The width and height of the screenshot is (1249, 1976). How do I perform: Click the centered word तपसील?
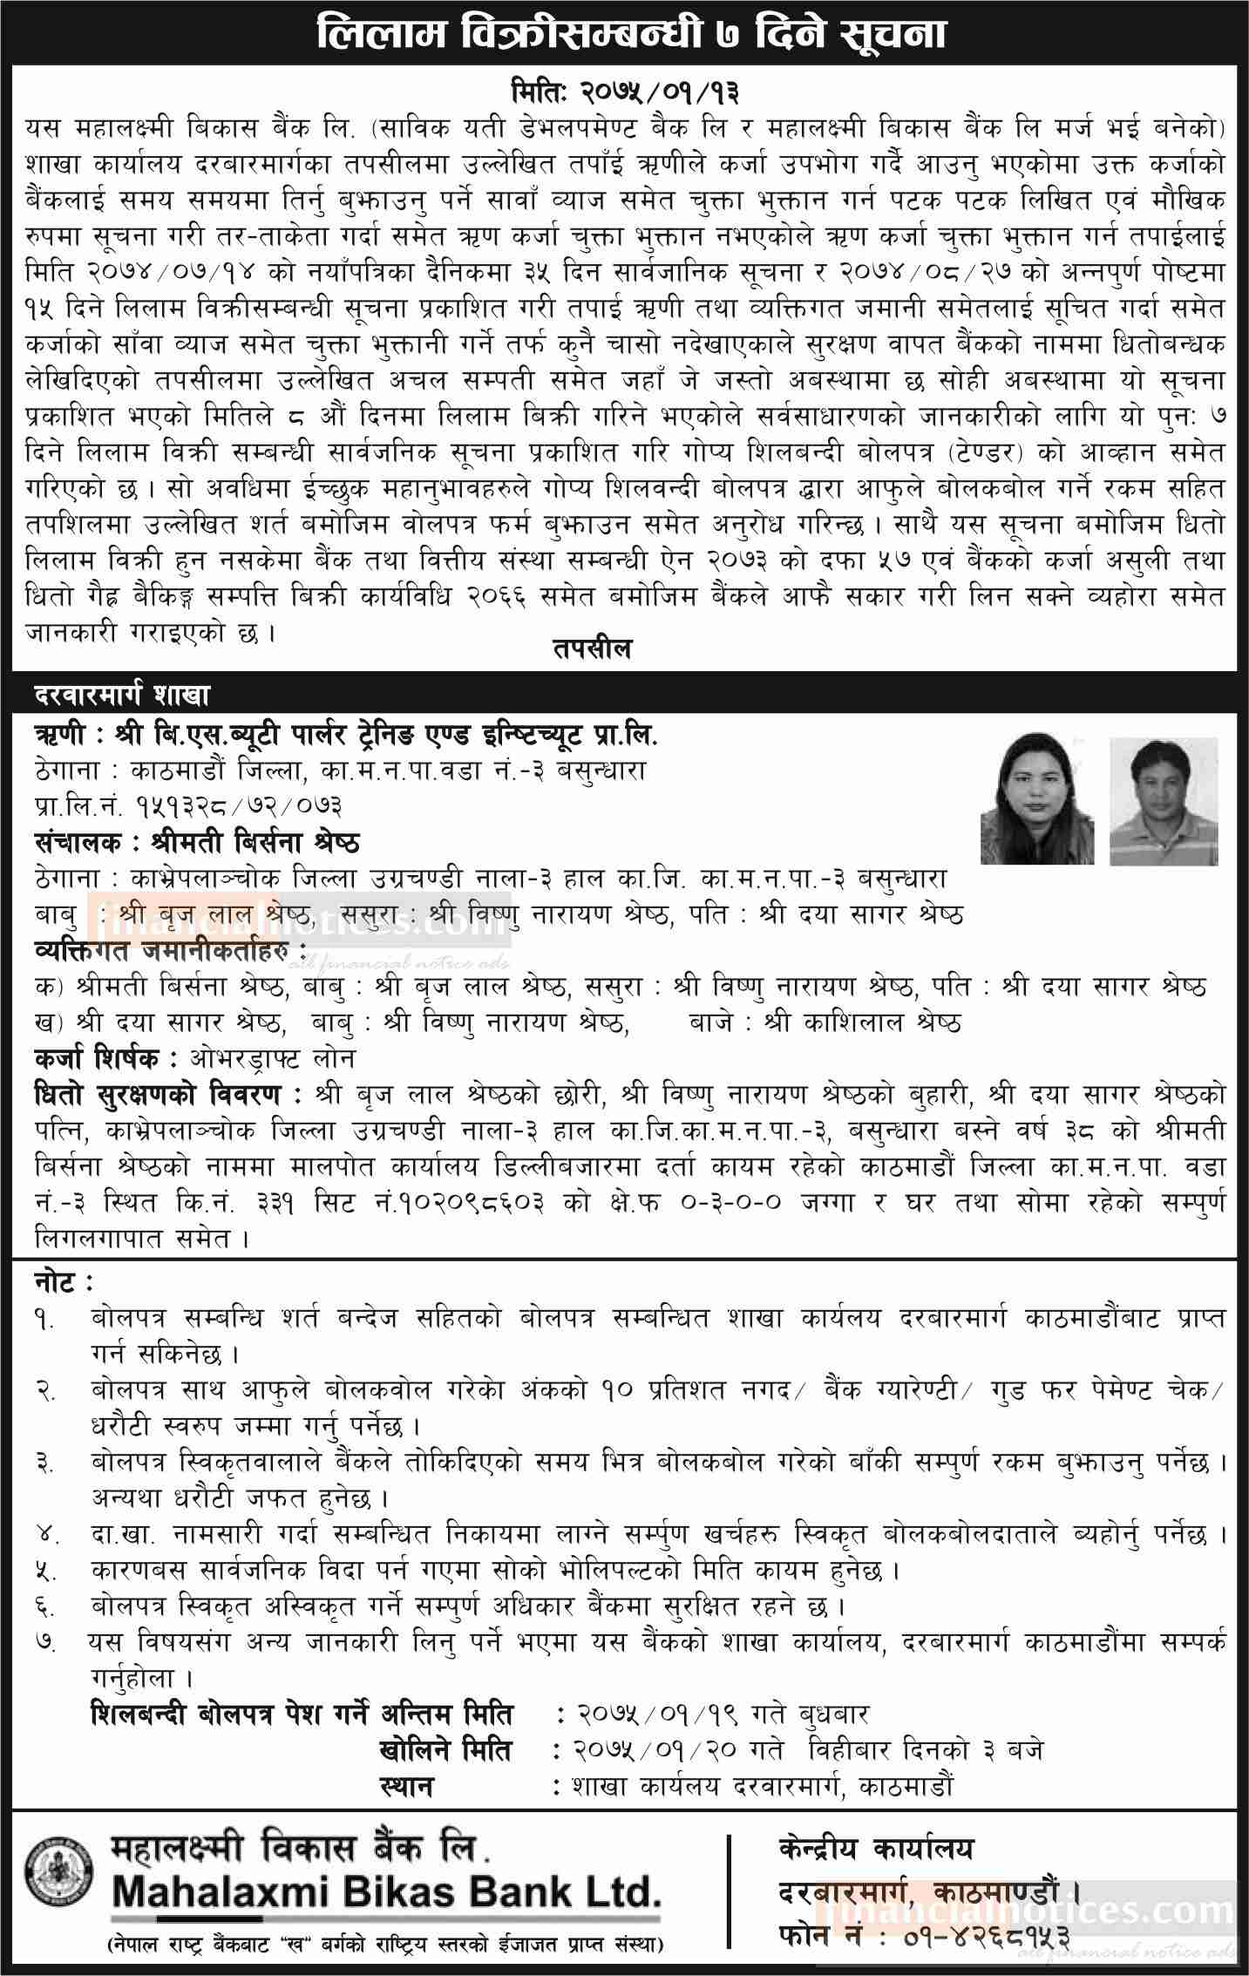point(592,648)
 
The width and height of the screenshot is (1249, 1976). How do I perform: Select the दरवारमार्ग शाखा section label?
point(122,696)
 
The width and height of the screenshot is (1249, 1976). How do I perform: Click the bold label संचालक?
point(84,842)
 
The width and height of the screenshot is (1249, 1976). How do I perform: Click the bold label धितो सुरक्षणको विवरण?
point(162,1095)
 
